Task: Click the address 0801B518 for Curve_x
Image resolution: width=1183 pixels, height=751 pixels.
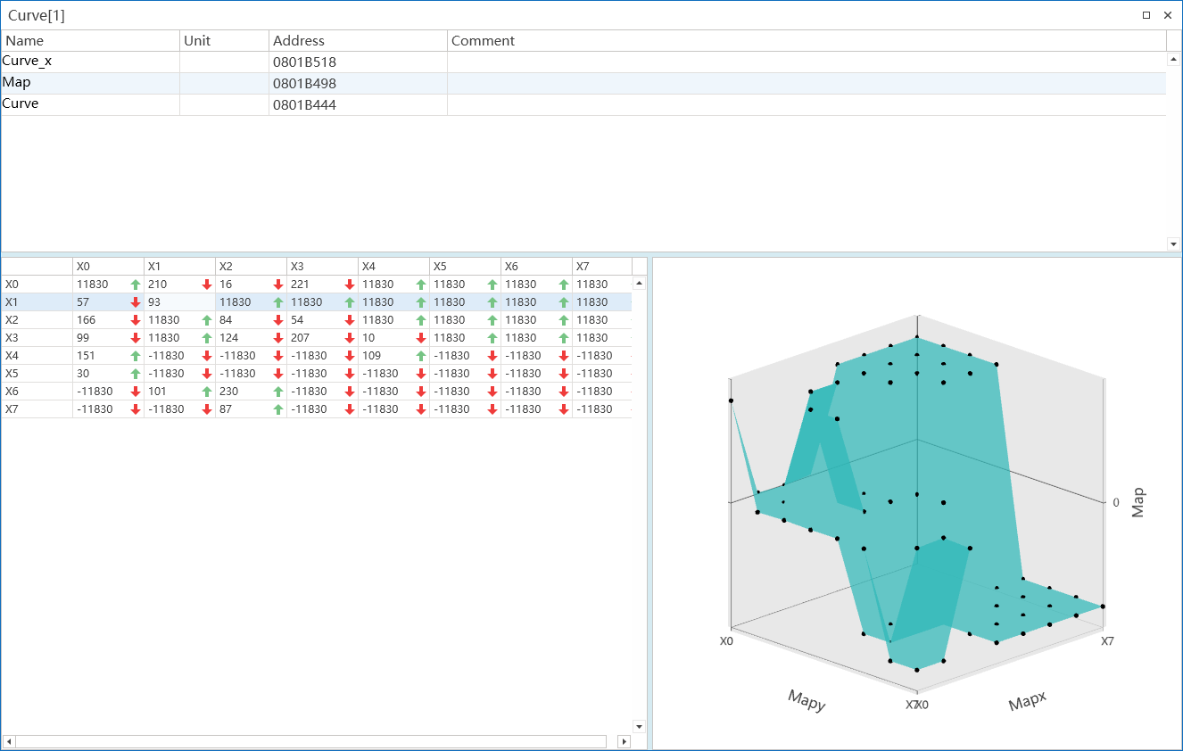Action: tap(304, 62)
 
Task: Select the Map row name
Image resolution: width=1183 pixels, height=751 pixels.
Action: tap(16, 82)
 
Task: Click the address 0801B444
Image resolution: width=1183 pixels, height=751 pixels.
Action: tap(304, 105)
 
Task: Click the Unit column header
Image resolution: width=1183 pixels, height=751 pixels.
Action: tap(197, 41)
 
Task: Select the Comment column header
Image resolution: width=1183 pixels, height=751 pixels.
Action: tap(483, 41)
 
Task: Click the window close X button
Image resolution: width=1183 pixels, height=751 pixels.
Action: tap(1168, 15)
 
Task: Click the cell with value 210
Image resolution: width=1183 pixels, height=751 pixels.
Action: tap(157, 285)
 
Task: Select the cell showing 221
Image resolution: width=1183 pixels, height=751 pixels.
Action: tap(300, 285)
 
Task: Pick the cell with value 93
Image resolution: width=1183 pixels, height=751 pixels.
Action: tap(154, 302)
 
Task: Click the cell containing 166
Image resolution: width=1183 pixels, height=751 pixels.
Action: tap(86, 320)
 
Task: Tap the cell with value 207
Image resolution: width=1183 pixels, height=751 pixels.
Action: tap(300, 338)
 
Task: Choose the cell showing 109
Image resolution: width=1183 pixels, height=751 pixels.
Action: tap(371, 356)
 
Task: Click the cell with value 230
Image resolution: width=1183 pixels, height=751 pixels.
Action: tap(228, 392)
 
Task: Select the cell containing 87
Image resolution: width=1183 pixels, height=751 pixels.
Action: tap(226, 409)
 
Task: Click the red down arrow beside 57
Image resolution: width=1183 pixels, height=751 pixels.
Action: tap(136, 302)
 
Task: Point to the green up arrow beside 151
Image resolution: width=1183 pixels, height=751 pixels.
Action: tap(136, 356)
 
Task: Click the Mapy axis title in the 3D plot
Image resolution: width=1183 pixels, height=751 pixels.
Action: tap(807, 701)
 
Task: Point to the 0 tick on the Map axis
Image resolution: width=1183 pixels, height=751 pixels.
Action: tap(1115, 502)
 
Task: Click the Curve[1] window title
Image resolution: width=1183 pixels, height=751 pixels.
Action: tap(37, 15)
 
